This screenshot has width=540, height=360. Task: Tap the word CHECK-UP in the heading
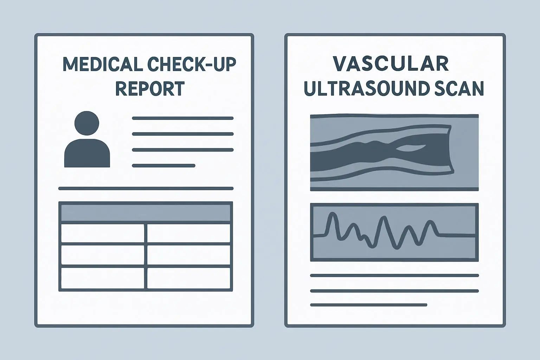pos(192,65)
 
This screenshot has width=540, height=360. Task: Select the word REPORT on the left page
pos(150,89)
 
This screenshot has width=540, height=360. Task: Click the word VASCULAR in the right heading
pos(391,64)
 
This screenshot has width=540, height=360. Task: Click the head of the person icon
pos(87,123)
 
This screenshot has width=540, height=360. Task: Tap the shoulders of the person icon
pos(87,153)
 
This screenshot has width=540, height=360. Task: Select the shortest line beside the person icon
pos(163,166)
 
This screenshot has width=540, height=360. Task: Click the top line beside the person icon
pos(183,118)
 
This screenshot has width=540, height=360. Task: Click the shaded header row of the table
pos(146,213)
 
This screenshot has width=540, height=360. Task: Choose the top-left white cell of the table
pos(102,233)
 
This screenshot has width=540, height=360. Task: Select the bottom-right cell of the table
pos(188,278)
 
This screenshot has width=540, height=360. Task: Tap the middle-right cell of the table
pos(188,255)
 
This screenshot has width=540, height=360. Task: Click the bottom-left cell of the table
pos(102,278)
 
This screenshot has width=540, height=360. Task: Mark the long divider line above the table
pos(146,188)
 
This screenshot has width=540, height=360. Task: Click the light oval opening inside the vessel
pos(411,148)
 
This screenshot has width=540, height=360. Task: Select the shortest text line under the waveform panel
pos(368,305)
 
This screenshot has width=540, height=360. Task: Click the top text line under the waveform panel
pos(394,276)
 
